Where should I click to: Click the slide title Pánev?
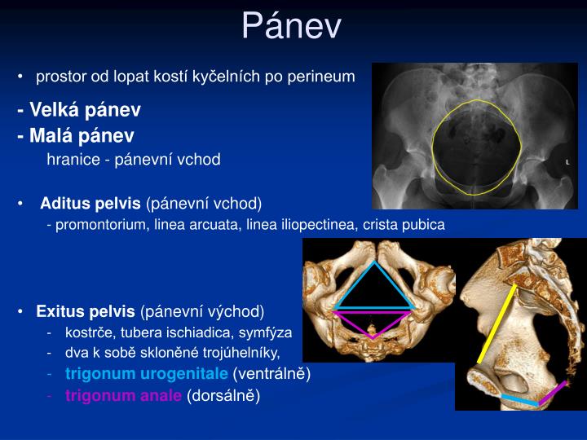point(292,26)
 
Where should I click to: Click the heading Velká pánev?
point(79,109)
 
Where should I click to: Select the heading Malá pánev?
point(76,135)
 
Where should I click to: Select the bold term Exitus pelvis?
point(86,311)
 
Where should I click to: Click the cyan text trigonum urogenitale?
point(147,374)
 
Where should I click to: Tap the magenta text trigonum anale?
point(124,396)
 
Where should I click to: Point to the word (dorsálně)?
point(223,396)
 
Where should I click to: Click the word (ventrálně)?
point(271,374)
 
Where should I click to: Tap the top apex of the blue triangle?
point(374,262)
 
